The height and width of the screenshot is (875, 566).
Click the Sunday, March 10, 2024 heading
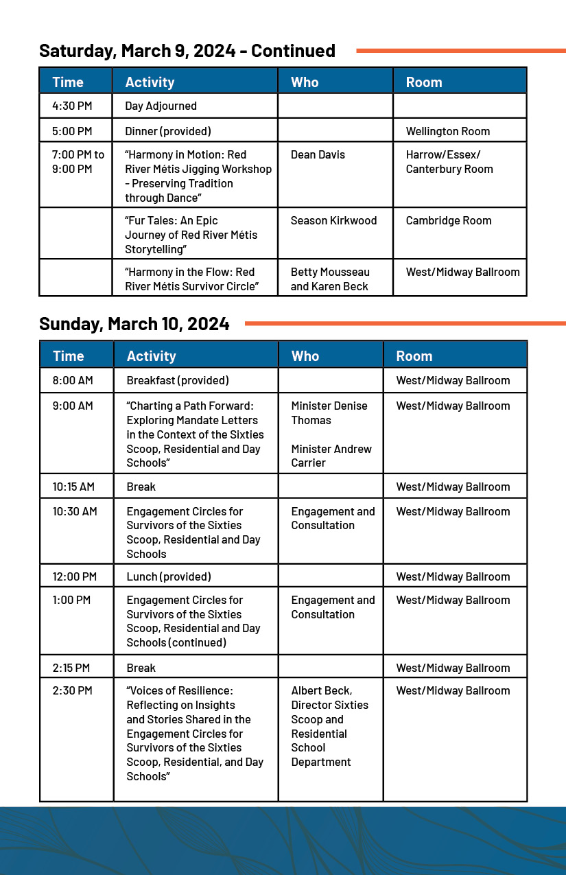pyautogui.click(x=134, y=324)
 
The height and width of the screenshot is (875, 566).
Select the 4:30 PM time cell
pyautogui.click(x=72, y=106)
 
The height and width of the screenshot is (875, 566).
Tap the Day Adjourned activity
pyautogui.click(x=161, y=106)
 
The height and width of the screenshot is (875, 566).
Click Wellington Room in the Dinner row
pyautogui.click(x=447, y=131)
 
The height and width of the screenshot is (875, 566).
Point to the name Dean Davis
pyautogui.click(x=318, y=155)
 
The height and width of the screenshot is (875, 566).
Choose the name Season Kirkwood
pyautogui.click(x=333, y=220)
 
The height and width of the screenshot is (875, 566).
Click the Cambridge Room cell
pyautogui.click(x=448, y=220)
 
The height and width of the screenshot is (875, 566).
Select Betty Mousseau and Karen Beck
pyautogui.click(x=330, y=279)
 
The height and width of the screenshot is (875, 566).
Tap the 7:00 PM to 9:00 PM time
pyautogui.click(x=78, y=162)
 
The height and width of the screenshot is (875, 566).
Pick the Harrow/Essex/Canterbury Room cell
pyautogui.click(x=449, y=162)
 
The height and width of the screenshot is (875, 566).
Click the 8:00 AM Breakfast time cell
pyautogui.click(x=73, y=380)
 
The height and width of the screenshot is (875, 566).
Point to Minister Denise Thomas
pyautogui.click(x=329, y=413)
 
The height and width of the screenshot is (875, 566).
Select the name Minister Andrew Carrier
pyautogui.click(x=331, y=456)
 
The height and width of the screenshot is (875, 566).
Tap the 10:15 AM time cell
pyautogui.click(x=73, y=487)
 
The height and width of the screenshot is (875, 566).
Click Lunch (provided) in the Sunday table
pyautogui.click(x=169, y=576)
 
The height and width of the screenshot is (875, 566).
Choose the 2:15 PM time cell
pyautogui.click(x=72, y=668)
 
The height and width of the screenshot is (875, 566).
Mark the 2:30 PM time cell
pyautogui.click(x=72, y=690)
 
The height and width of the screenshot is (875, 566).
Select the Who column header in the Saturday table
pyautogui.click(x=305, y=82)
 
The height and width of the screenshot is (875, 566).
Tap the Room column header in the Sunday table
pyautogui.click(x=414, y=355)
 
